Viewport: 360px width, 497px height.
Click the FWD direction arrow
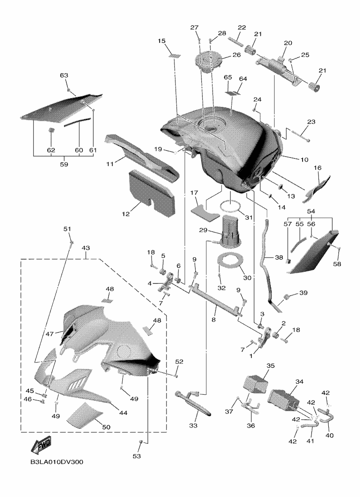pos(41,445)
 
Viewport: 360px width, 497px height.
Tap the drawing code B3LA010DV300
pos(57,462)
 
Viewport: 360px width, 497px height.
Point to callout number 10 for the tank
pos(304,160)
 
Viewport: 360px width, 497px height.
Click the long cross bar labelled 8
pos(217,303)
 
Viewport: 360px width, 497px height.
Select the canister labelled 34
pos(283,397)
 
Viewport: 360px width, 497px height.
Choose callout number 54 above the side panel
pos(310,211)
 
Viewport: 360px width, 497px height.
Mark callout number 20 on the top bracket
pos(288,43)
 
